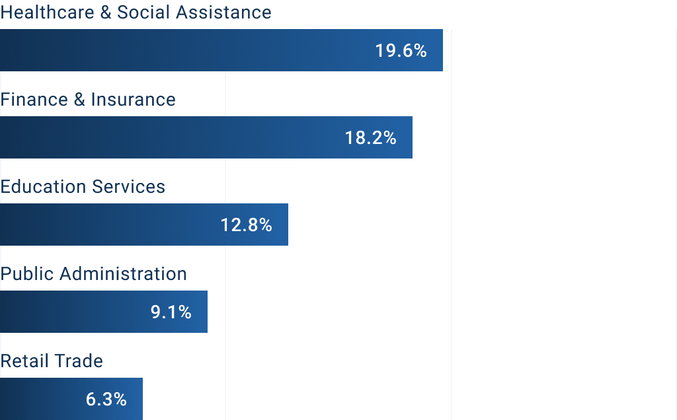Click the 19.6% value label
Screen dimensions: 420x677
coord(401,51)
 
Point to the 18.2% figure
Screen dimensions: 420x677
coord(370,138)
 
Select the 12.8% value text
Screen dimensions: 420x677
coord(246,225)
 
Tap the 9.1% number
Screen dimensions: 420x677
coord(171,312)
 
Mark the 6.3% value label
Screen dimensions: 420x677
coord(106,400)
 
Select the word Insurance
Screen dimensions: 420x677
coord(133,100)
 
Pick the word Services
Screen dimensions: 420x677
coord(128,187)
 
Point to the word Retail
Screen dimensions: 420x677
coord(23,361)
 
